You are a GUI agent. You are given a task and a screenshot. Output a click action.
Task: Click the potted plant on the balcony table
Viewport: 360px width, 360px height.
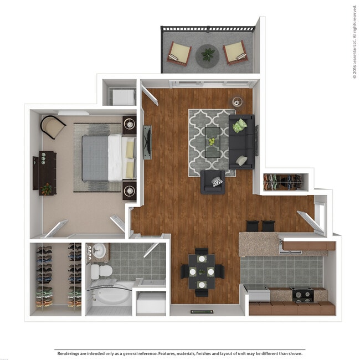pyautogui.click(x=208, y=54)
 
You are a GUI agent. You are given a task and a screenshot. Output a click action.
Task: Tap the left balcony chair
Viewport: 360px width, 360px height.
pyautogui.click(x=179, y=53)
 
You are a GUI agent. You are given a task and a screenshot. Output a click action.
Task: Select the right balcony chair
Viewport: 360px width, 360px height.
pyautogui.click(x=235, y=53)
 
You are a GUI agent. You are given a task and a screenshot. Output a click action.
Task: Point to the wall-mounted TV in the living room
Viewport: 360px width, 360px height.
pyautogui.click(x=147, y=142)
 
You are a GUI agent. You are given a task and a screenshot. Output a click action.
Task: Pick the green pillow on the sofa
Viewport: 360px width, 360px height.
pyautogui.click(x=239, y=126)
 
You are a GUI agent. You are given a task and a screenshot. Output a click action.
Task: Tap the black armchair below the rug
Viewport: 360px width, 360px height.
pyautogui.click(x=213, y=182)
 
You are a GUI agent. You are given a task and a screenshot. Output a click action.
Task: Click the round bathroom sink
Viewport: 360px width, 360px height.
pyautogui.click(x=98, y=250)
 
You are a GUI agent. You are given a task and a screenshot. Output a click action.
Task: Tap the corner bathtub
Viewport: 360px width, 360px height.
pyautogui.click(x=111, y=296)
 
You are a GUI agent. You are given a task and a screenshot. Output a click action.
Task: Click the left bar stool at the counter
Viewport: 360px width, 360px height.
pyautogui.click(x=252, y=226)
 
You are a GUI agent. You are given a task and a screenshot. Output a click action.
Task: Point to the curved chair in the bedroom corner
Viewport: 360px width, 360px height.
pyautogui.click(x=53, y=127)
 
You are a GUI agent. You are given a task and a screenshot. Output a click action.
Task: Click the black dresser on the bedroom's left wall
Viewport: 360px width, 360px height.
pyautogui.click(x=47, y=172)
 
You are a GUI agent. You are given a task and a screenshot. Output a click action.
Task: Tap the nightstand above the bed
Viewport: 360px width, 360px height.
pyautogui.click(x=130, y=125)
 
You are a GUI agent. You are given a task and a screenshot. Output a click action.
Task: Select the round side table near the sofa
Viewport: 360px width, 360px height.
pyautogui.click(x=238, y=102)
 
